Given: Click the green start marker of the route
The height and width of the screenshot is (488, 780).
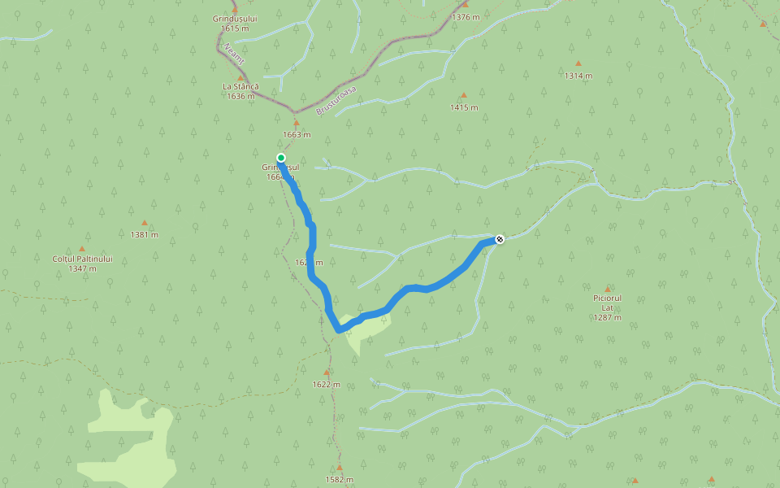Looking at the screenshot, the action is coord(281,158).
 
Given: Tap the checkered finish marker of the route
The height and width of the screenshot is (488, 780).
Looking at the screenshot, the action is coord(500,239).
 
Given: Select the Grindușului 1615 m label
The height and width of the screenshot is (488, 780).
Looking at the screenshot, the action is coord(234,23).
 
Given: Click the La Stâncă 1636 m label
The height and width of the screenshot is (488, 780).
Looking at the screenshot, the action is coord(240,91).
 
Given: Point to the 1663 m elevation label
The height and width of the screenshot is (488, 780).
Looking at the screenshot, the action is coord(297,135).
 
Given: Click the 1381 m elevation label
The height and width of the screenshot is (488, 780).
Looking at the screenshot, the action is coord(144,235).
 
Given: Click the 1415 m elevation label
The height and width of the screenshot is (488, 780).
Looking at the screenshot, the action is coord(464,107).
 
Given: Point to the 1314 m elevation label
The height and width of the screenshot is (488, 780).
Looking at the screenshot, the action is coord(578,76).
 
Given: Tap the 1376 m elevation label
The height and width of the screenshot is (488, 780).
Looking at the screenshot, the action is coord(465,16).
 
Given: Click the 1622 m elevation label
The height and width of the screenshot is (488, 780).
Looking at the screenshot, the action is coord(326,385).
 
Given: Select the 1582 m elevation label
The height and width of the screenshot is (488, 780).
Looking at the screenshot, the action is coord(339,479).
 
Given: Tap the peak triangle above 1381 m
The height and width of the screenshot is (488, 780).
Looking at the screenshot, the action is coord(145,223).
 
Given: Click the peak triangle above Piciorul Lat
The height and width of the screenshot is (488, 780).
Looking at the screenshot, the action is coord(607,289).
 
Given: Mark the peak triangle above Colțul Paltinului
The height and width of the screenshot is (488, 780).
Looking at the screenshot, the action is coord(82,249).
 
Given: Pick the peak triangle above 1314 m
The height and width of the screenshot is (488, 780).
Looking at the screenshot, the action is coord(578,63).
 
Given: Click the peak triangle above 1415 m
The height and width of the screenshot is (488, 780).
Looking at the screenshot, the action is coord(464,95).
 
